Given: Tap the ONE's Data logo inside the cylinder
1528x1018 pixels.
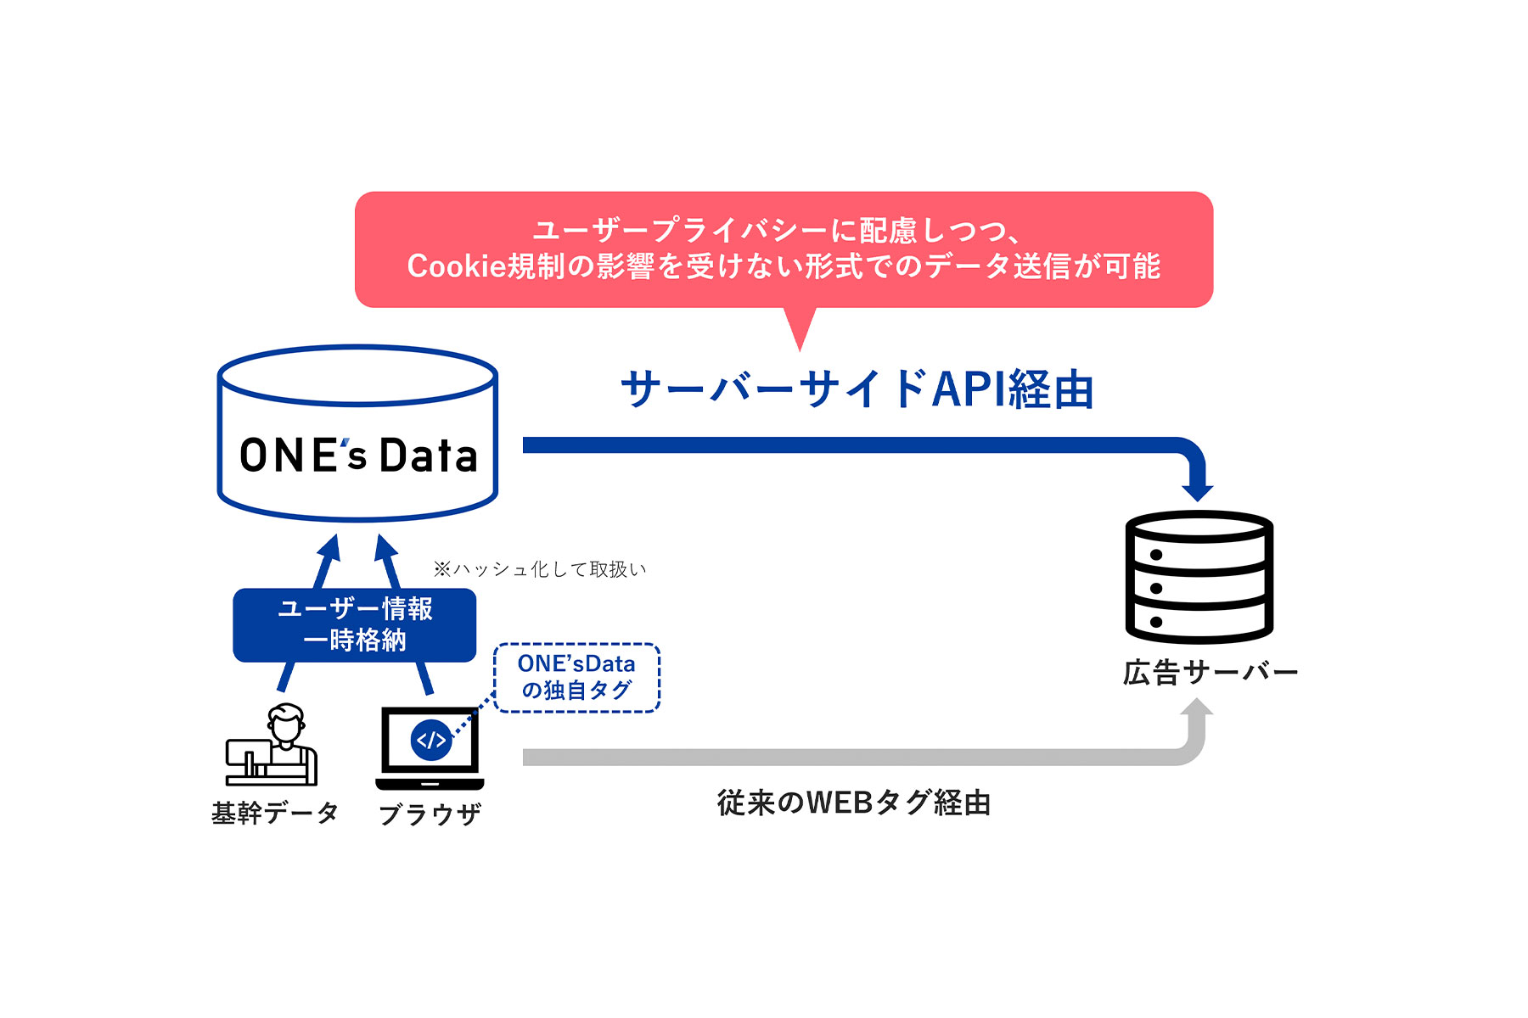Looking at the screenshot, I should [x=358, y=456].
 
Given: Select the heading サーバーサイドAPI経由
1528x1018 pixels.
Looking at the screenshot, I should [x=857, y=389].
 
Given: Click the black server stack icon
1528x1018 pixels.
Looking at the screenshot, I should [x=1199, y=577].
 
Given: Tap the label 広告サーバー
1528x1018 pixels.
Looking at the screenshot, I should [x=1210, y=673].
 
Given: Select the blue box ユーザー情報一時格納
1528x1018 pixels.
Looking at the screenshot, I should [x=355, y=624].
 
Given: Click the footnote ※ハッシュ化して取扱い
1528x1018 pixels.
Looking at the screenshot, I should [x=540, y=569].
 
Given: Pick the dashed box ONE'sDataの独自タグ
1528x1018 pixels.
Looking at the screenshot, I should [x=576, y=677].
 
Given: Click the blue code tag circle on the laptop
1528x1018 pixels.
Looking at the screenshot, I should [x=430, y=740].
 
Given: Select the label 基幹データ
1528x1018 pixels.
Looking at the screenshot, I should [x=274, y=813].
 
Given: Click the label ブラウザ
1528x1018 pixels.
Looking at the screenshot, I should [x=430, y=814].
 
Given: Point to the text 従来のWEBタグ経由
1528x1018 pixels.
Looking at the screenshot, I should [x=853, y=803].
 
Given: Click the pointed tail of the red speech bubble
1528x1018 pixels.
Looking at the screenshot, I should [x=800, y=333].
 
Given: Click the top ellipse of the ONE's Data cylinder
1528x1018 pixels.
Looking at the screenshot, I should [x=357, y=374].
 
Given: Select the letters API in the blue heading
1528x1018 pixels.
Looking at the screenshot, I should [x=968, y=389].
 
